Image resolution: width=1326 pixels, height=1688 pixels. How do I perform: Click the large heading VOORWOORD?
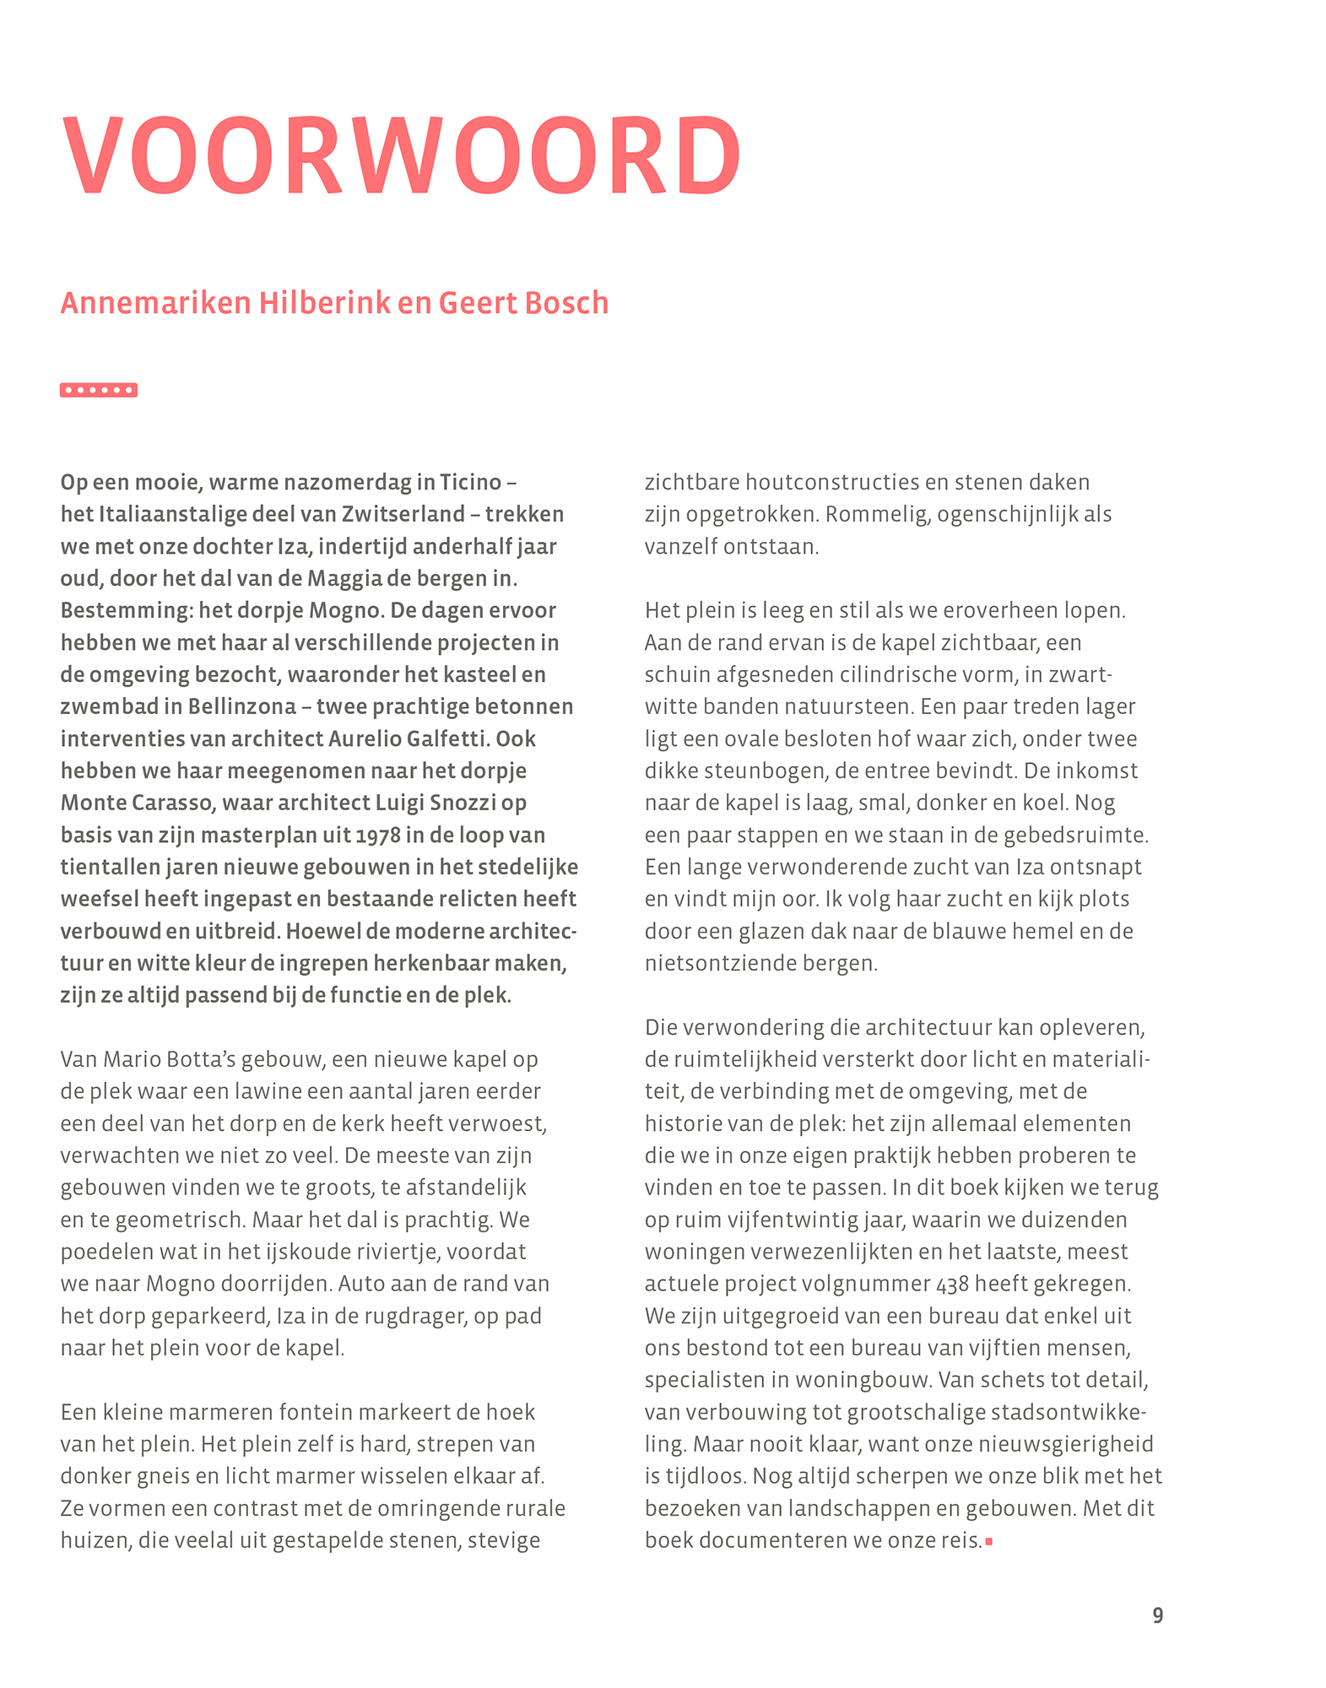click(402, 157)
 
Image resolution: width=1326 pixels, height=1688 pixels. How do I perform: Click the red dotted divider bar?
click(99, 390)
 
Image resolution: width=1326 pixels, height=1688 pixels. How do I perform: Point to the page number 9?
click(1157, 1615)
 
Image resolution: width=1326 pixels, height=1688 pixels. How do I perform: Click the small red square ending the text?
click(989, 1542)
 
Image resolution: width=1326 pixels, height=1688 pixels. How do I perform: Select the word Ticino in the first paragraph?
click(470, 483)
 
